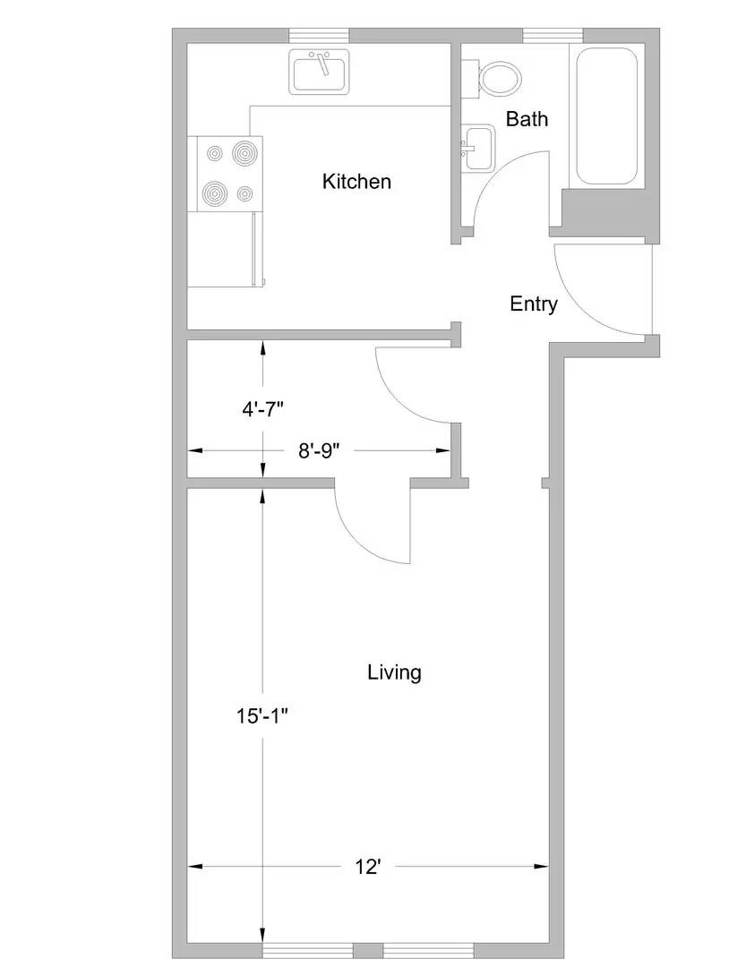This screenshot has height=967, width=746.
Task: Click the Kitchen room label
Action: click(x=356, y=181)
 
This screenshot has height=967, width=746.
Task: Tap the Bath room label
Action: click(x=527, y=118)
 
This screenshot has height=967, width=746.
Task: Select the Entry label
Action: click(x=534, y=304)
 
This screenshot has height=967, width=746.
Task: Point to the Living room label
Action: click(x=394, y=672)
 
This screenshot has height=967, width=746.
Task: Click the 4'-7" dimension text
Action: click(x=263, y=409)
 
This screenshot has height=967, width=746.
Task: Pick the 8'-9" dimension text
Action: click(x=319, y=450)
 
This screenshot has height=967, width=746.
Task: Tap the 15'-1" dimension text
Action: click(x=262, y=716)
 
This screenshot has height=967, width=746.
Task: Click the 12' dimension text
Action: click(x=368, y=867)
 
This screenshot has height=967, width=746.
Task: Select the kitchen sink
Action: click(x=319, y=73)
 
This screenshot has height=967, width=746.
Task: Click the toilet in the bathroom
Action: click(x=495, y=78)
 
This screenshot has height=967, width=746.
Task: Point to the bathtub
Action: click(x=606, y=116)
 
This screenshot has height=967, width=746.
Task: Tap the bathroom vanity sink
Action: click(x=478, y=147)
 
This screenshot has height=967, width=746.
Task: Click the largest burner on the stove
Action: click(x=245, y=151)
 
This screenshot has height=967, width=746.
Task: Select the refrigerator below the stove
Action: click(x=225, y=249)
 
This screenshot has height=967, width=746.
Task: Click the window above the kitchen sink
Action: click(x=319, y=35)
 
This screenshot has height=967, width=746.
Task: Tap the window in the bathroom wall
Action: click(x=553, y=35)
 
